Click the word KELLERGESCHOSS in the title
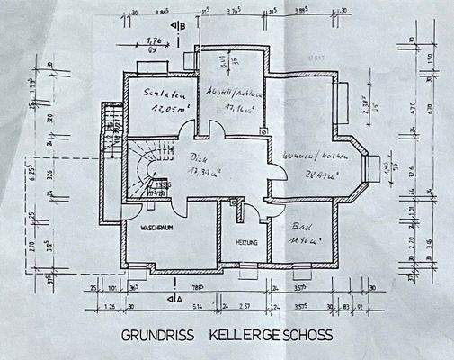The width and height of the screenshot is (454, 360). click(x=271, y=334)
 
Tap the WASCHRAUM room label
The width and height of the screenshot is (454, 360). click(x=156, y=229)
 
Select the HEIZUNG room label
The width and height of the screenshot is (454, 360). click(x=247, y=244)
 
